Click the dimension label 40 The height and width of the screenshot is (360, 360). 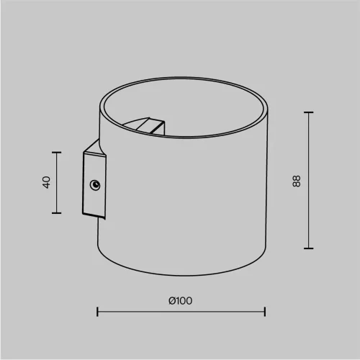pos(46,182)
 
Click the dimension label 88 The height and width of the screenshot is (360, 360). pos(297,181)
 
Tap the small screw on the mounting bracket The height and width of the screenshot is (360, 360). pos(94,186)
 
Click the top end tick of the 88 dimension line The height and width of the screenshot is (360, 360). pos(309,112)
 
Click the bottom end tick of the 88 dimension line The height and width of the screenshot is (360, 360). pos(309,248)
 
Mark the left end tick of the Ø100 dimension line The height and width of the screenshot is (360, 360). pos(97,312)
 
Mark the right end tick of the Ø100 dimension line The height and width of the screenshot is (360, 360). pos(266,312)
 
